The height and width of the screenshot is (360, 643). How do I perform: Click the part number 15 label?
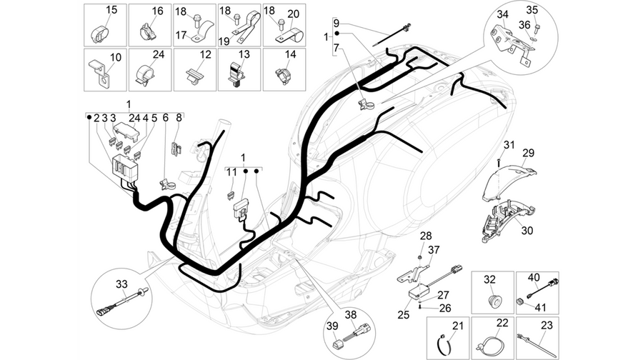[x=111, y=10]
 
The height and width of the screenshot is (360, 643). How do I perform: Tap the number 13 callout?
[x=244, y=54]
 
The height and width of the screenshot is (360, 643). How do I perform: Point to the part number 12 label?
[x=206, y=54]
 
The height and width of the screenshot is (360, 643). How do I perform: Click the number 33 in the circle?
[x=121, y=284]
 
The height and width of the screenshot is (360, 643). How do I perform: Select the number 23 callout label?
[x=547, y=325]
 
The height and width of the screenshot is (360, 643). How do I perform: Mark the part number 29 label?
[x=529, y=153]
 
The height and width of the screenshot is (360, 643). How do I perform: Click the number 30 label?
[x=527, y=231]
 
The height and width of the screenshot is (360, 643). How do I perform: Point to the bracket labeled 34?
[x=511, y=41]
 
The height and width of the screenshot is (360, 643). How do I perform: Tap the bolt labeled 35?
[x=537, y=28]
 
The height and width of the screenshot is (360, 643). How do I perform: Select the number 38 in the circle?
[x=351, y=315]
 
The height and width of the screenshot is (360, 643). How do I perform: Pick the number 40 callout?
[x=534, y=278]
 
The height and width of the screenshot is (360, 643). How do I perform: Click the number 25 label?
[x=404, y=315]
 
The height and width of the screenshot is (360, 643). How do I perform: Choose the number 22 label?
[x=502, y=323]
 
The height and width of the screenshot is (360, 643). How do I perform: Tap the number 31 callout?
[x=509, y=145]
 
